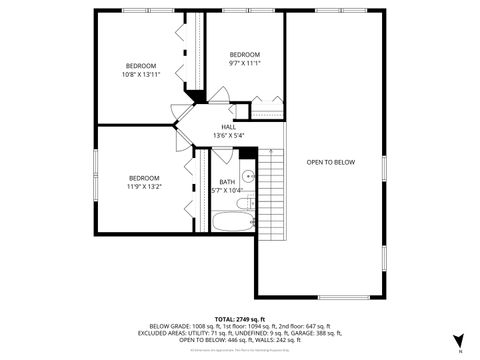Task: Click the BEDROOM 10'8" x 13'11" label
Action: [139, 69]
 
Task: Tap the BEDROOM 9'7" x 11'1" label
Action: [244, 59]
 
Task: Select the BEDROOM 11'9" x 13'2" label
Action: [143, 182]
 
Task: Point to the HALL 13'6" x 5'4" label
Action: [228, 131]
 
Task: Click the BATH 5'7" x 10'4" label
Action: [228, 185]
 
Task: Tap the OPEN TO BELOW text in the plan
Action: [330, 161]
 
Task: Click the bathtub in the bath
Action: [236, 219]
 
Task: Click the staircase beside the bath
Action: [272, 195]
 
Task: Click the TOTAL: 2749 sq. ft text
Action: [239, 318]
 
